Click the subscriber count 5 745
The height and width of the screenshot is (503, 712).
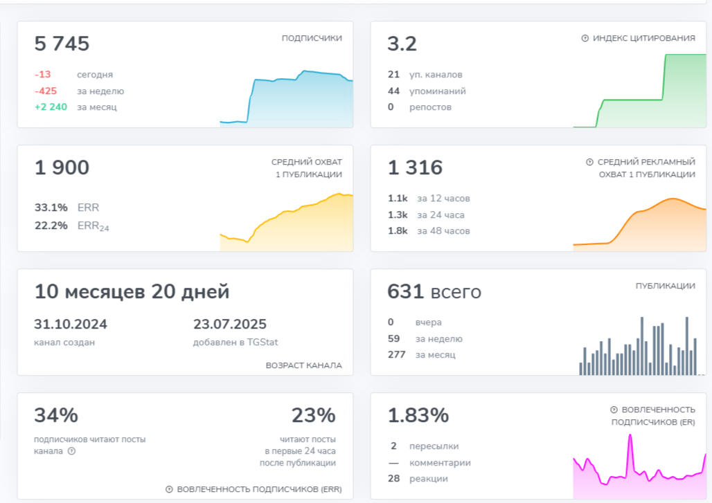pos(62,44)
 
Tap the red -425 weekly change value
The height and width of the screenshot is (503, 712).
pos(46,91)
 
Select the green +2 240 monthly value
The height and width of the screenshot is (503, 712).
pos(51,107)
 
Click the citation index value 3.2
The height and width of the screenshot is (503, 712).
pos(402,44)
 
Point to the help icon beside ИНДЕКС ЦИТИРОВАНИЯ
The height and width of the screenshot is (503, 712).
pos(585,39)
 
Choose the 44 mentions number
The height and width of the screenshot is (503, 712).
pos(394,91)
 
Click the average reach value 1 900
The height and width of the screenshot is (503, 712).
pos(62,168)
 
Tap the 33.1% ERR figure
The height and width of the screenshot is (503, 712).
pos(51,207)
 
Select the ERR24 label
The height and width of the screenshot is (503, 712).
pos(94,226)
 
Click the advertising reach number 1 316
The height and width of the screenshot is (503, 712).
pos(415,168)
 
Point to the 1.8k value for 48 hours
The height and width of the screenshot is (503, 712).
pos(398,230)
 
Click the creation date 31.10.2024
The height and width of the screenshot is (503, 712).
pos(71,324)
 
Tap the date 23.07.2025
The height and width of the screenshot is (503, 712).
pos(229,324)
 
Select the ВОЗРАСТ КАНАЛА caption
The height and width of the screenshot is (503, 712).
pos(303,365)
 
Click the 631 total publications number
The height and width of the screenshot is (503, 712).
pos(405,292)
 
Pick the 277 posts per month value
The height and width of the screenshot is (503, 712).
pos(395,355)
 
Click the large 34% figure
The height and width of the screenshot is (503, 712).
pos(56,416)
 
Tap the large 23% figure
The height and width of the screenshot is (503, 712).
pos(314,416)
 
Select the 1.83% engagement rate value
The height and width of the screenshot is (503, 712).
pos(418,416)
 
